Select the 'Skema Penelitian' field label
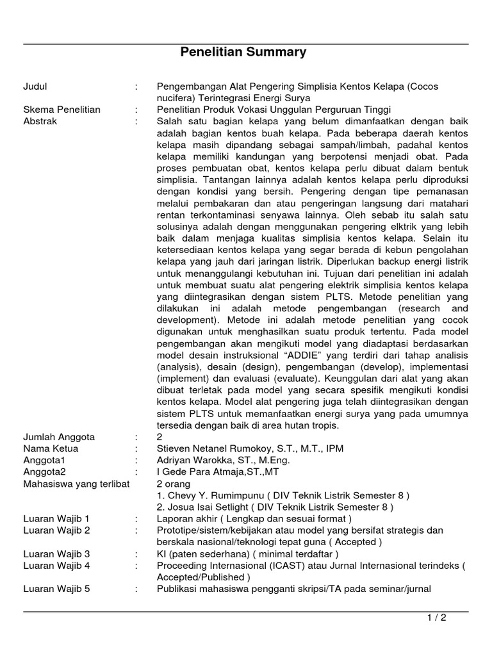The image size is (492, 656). [x=61, y=110]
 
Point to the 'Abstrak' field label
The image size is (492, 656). [x=40, y=122]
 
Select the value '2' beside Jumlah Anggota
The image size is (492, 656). [x=160, y=438]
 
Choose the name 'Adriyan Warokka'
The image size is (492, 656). [x=198, y=461]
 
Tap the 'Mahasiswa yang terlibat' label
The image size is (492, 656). [x=71, y=484]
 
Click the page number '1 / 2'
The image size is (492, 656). [x=436, y=618]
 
